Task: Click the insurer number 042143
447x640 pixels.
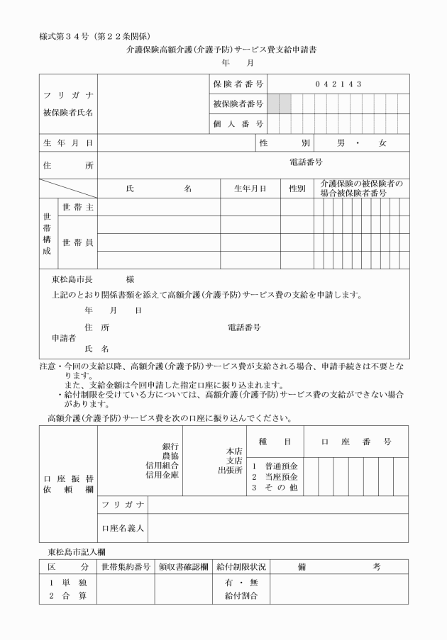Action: pyautogui.click(x=339, y=84)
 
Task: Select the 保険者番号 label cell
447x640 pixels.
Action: pyautogui.click(x=238, y=84)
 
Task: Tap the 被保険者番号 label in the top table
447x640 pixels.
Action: pyautogui.click(x=238, y=104)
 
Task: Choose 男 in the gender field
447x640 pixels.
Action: pyautogui.click(x=341, y=143)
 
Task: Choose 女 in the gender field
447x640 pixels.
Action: pyautogui.click(x=382, y=143)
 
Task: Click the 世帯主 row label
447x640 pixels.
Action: pyautogui.click(x=79, y=207)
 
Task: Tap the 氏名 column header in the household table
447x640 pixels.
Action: pyautogui.click(x=158, y=189)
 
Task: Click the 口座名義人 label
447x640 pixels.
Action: pyautogui.click(x=123, y=528)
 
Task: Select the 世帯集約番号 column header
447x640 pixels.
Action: pyautogui.click(x=125, y=567)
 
